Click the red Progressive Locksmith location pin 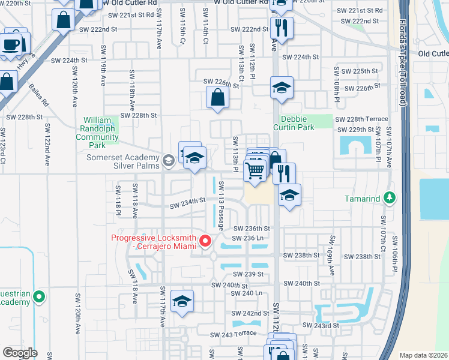click(205, 241)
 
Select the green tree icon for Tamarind click(390, 197)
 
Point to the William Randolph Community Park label click(97, 133)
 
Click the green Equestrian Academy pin click(39, 296)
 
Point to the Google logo click(20, 353)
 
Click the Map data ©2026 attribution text click(423, 355)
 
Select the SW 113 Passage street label click(221, 205)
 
